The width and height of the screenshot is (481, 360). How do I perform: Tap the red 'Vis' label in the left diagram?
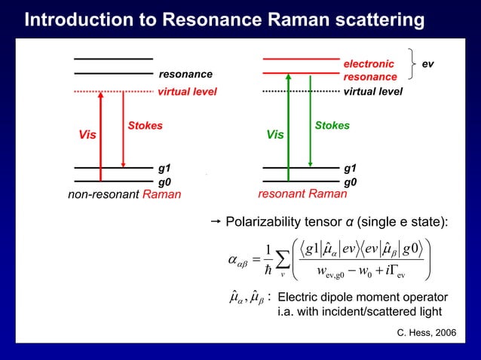87,136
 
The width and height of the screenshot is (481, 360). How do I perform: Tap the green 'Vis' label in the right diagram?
275,136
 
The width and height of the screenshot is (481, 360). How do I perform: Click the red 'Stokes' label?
145,126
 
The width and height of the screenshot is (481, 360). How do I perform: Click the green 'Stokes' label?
332,126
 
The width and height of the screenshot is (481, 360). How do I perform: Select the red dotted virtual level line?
113,92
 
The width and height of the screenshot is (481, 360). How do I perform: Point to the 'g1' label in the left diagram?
164,167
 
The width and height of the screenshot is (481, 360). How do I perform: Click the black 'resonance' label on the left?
185,75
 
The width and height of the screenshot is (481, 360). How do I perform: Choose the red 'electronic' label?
369,64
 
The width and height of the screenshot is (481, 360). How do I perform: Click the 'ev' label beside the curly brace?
427,64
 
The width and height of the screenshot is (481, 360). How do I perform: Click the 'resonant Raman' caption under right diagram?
302,194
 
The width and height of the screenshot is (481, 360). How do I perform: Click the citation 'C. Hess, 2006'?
426,332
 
